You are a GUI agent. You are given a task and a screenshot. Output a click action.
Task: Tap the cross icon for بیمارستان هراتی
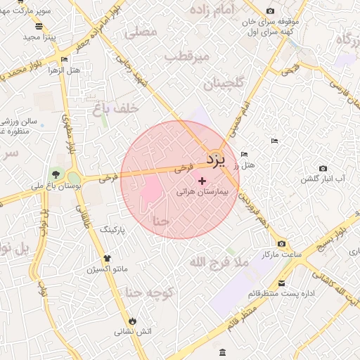(202, 181)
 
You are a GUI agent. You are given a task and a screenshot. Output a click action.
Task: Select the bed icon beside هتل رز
(245, 154)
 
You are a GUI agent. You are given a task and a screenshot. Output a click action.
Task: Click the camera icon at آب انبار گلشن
(323, 168)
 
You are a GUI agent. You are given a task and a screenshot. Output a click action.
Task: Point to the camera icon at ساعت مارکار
(282, 244)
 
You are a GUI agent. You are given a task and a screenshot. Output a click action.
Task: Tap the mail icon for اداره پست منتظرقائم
(282, 283)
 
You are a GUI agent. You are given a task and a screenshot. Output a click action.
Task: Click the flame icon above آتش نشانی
(132, 321)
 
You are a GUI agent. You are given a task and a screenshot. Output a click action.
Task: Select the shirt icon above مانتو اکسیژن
(108, 258)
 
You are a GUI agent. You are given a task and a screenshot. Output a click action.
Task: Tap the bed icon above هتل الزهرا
(65, 60)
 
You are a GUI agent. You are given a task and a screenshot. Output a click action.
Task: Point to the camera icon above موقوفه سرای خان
(270, 11)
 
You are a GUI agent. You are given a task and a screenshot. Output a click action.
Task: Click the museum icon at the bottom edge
(223, 352)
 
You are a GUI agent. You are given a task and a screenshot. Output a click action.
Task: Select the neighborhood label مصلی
(141, 32)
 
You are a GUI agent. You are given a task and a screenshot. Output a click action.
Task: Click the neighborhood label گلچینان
(224, 84)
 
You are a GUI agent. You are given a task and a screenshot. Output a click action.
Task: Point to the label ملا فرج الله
(219, 262)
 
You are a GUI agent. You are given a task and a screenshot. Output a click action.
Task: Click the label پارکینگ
(112, 230)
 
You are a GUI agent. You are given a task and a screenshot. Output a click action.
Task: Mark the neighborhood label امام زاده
(219, 10)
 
